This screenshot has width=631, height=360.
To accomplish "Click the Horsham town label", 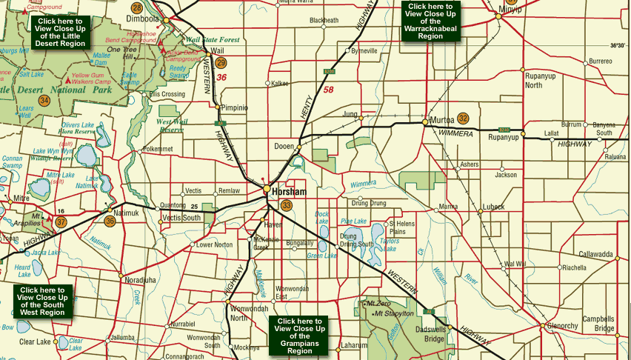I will pyautogui.click(x=290, y=191).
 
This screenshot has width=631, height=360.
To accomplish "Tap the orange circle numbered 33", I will pyautogui.click(x=287, y=205).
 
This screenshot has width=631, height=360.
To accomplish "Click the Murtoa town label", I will pyautogui.click(x=441, y=119).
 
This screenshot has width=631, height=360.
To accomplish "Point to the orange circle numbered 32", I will pyautogui.click(x=464, y=119).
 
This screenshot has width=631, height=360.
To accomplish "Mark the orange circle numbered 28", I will pyautogui.click(x=137, y=7).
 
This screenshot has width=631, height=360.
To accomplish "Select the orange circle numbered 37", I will pyautogui.click(x=61, y=221).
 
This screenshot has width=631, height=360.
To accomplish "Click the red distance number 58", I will pyautogui.click(x=329, y=90).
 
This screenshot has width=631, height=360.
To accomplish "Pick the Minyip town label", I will pyautogui.click(x=510, y=10).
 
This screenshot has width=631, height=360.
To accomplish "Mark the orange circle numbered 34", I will pyautogui.click(x=44, y=100).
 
